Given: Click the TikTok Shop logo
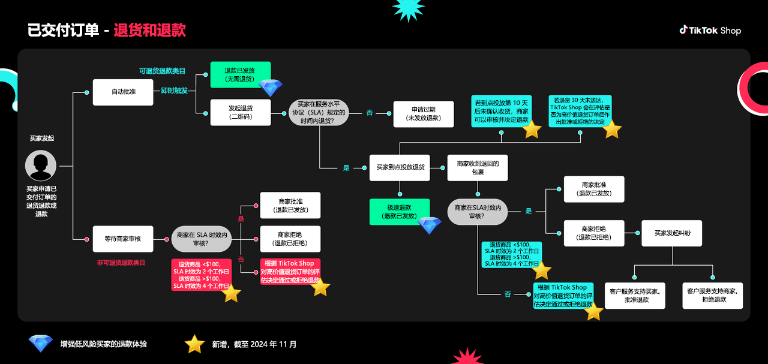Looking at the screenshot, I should pyautogui.click(x=710, y=30).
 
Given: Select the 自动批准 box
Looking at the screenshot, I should pyautogui.click(x=123, y=92).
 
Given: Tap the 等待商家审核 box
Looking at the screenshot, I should pyautogui.click(x=123, y=239).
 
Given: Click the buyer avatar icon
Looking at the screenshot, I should pyautogui.click(x=41, y=166).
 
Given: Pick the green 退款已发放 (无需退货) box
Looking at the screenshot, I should pyautogui.click(x=240, y=75).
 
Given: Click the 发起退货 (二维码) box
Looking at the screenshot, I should pyautogui.click(x=240, y=112).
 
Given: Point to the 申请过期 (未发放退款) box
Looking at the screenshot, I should pyautogui.click(x=423, y=114).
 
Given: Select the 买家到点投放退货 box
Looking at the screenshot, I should pyautogui.click(x=400, y=167).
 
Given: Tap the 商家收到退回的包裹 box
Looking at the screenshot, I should pyautogui.click(x=478, y=167).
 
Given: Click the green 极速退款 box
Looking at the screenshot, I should pyautogui.click(x=400, y=212).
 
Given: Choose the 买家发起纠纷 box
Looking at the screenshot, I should pyautogui.click(x=671, y=233).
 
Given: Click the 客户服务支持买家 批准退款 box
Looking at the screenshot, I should pyautogui.click(x=635, y=296).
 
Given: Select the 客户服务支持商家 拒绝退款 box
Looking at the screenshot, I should pyautogui.click(x=712, y=296).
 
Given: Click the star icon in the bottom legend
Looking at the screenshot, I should pyautogui.click(x=194, y=344).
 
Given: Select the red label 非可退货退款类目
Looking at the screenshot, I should pyautogui.click(x=121, y=263).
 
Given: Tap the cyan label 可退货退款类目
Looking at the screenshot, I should pyautogui.click(x=162, y=71).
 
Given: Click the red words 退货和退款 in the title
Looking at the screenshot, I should pyautogui.click(x=149, y=31).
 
